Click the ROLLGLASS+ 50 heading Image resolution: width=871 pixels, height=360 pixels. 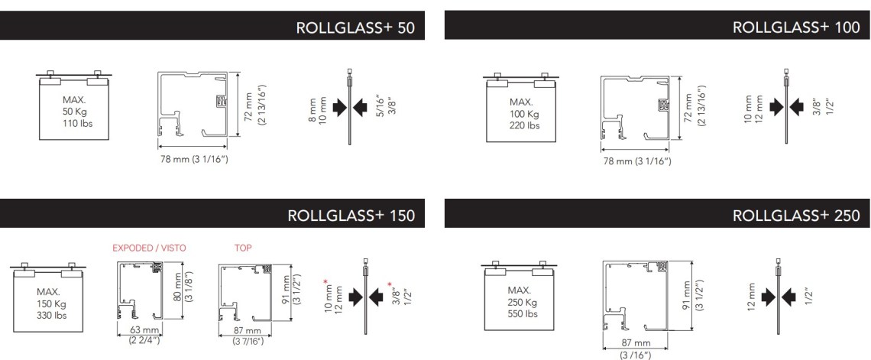point(355,28)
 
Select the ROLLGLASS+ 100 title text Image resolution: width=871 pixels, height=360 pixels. point(796,28)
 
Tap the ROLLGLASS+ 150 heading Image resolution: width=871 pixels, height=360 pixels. point(351,216)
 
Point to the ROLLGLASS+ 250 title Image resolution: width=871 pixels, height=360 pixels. point(796,216)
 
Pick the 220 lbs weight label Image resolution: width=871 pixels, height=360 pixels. point(525,126)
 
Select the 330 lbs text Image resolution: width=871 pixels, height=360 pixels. point(51,315)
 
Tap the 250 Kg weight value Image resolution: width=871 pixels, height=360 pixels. point(522,303)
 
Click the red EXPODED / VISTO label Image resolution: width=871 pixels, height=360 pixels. point(150,248)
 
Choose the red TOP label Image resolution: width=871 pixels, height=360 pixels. point(243,248)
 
